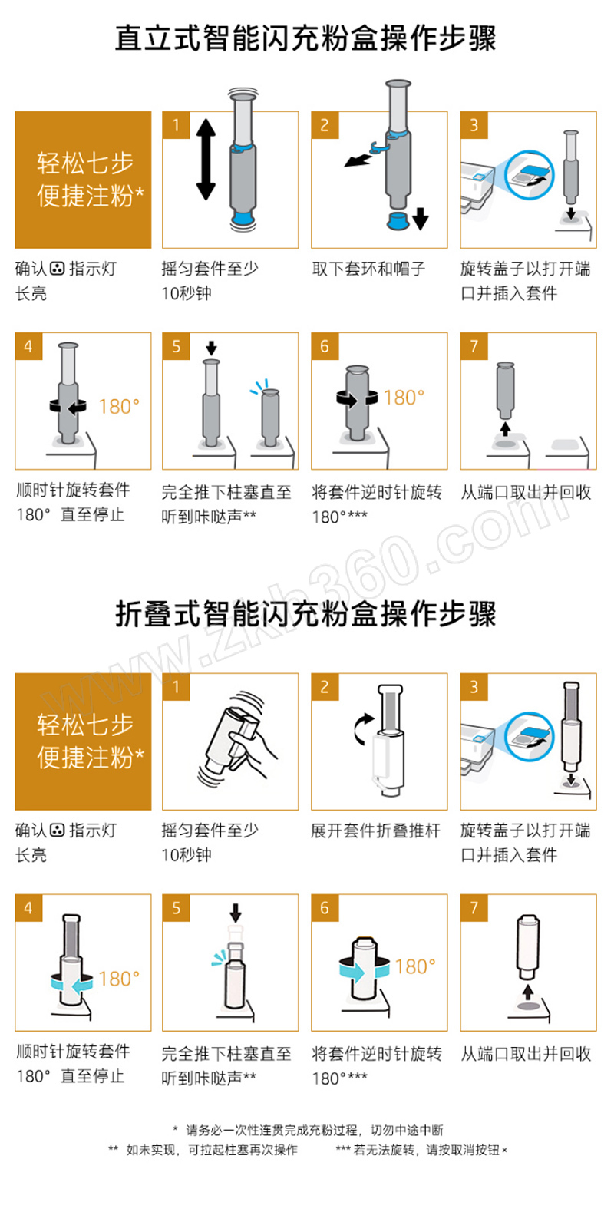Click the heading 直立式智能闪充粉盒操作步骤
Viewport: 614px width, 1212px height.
point(305,38)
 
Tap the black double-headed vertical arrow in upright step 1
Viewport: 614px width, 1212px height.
point(206,160)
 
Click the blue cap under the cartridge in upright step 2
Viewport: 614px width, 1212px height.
point(398,221)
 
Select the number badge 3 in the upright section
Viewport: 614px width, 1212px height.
point(474,125)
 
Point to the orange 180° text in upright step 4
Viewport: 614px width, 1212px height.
point(119,406)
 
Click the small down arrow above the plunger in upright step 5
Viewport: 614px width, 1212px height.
point(212,348)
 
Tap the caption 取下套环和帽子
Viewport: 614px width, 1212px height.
point(369,269)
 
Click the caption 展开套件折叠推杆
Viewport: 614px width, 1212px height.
point(375,830)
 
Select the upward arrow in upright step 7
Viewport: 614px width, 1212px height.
point(505,428)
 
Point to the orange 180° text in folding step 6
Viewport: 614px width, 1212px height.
point(415,966)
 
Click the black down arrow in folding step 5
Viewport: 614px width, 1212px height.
point(236,912)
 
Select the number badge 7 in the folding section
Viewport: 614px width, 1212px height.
point(474,907)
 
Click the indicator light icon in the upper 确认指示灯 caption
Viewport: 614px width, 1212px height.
point(58,269)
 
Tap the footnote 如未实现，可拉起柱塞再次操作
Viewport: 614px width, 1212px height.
point(212,1150)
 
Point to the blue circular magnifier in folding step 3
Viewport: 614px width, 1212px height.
point(530,736)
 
